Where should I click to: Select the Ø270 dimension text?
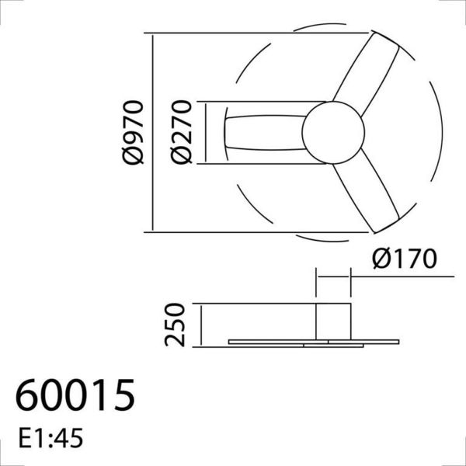[182, 132]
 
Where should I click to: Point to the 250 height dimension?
[177, 325]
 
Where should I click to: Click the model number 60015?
[75, 395]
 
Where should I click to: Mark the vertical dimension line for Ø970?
[152, 132]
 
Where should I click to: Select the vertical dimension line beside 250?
[200, 325]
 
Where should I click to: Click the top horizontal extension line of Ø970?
[233, 34]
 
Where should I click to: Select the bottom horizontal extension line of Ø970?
[233, 231]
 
